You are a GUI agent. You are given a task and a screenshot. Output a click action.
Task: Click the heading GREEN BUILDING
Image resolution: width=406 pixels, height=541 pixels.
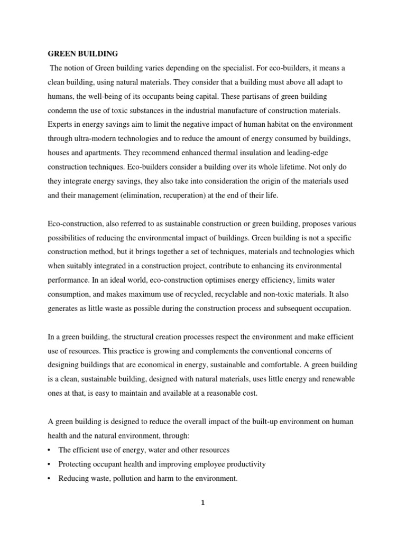(83, 54)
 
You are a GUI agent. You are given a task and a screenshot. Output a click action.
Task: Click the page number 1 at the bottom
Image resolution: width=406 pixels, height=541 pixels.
(202, 503)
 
